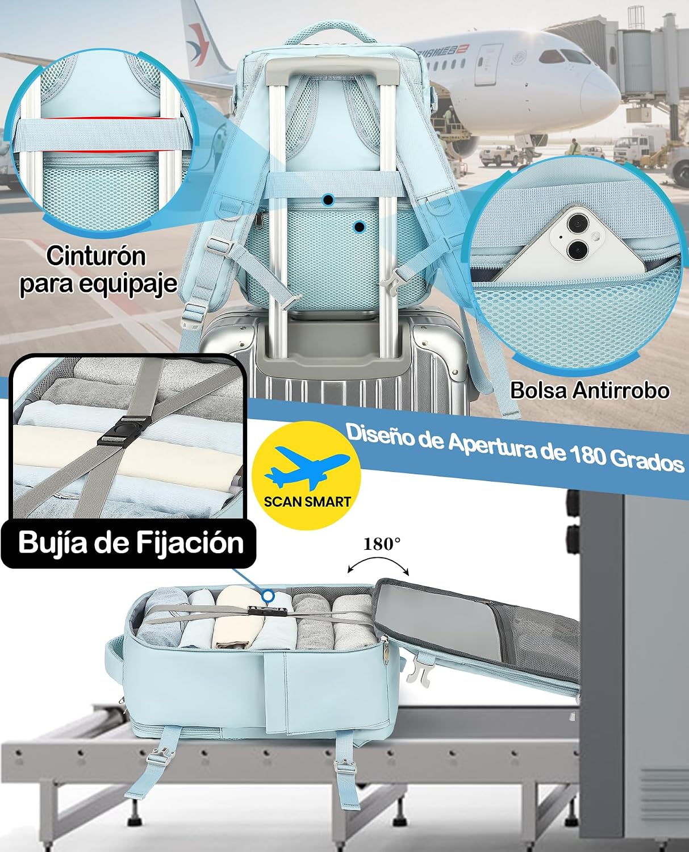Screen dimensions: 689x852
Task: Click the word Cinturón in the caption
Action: pos(96,256)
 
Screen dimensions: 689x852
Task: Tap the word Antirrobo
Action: pos(621,390)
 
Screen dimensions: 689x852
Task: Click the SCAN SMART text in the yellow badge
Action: pos(307,501)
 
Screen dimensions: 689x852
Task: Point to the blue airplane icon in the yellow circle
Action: pos(307,467)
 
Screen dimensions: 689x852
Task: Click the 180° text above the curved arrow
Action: pos(382,544)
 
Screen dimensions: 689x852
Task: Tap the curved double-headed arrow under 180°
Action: pos(378,560)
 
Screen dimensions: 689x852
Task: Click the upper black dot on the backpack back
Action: pos(328,199)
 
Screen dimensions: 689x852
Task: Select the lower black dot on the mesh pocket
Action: pos(360,227)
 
